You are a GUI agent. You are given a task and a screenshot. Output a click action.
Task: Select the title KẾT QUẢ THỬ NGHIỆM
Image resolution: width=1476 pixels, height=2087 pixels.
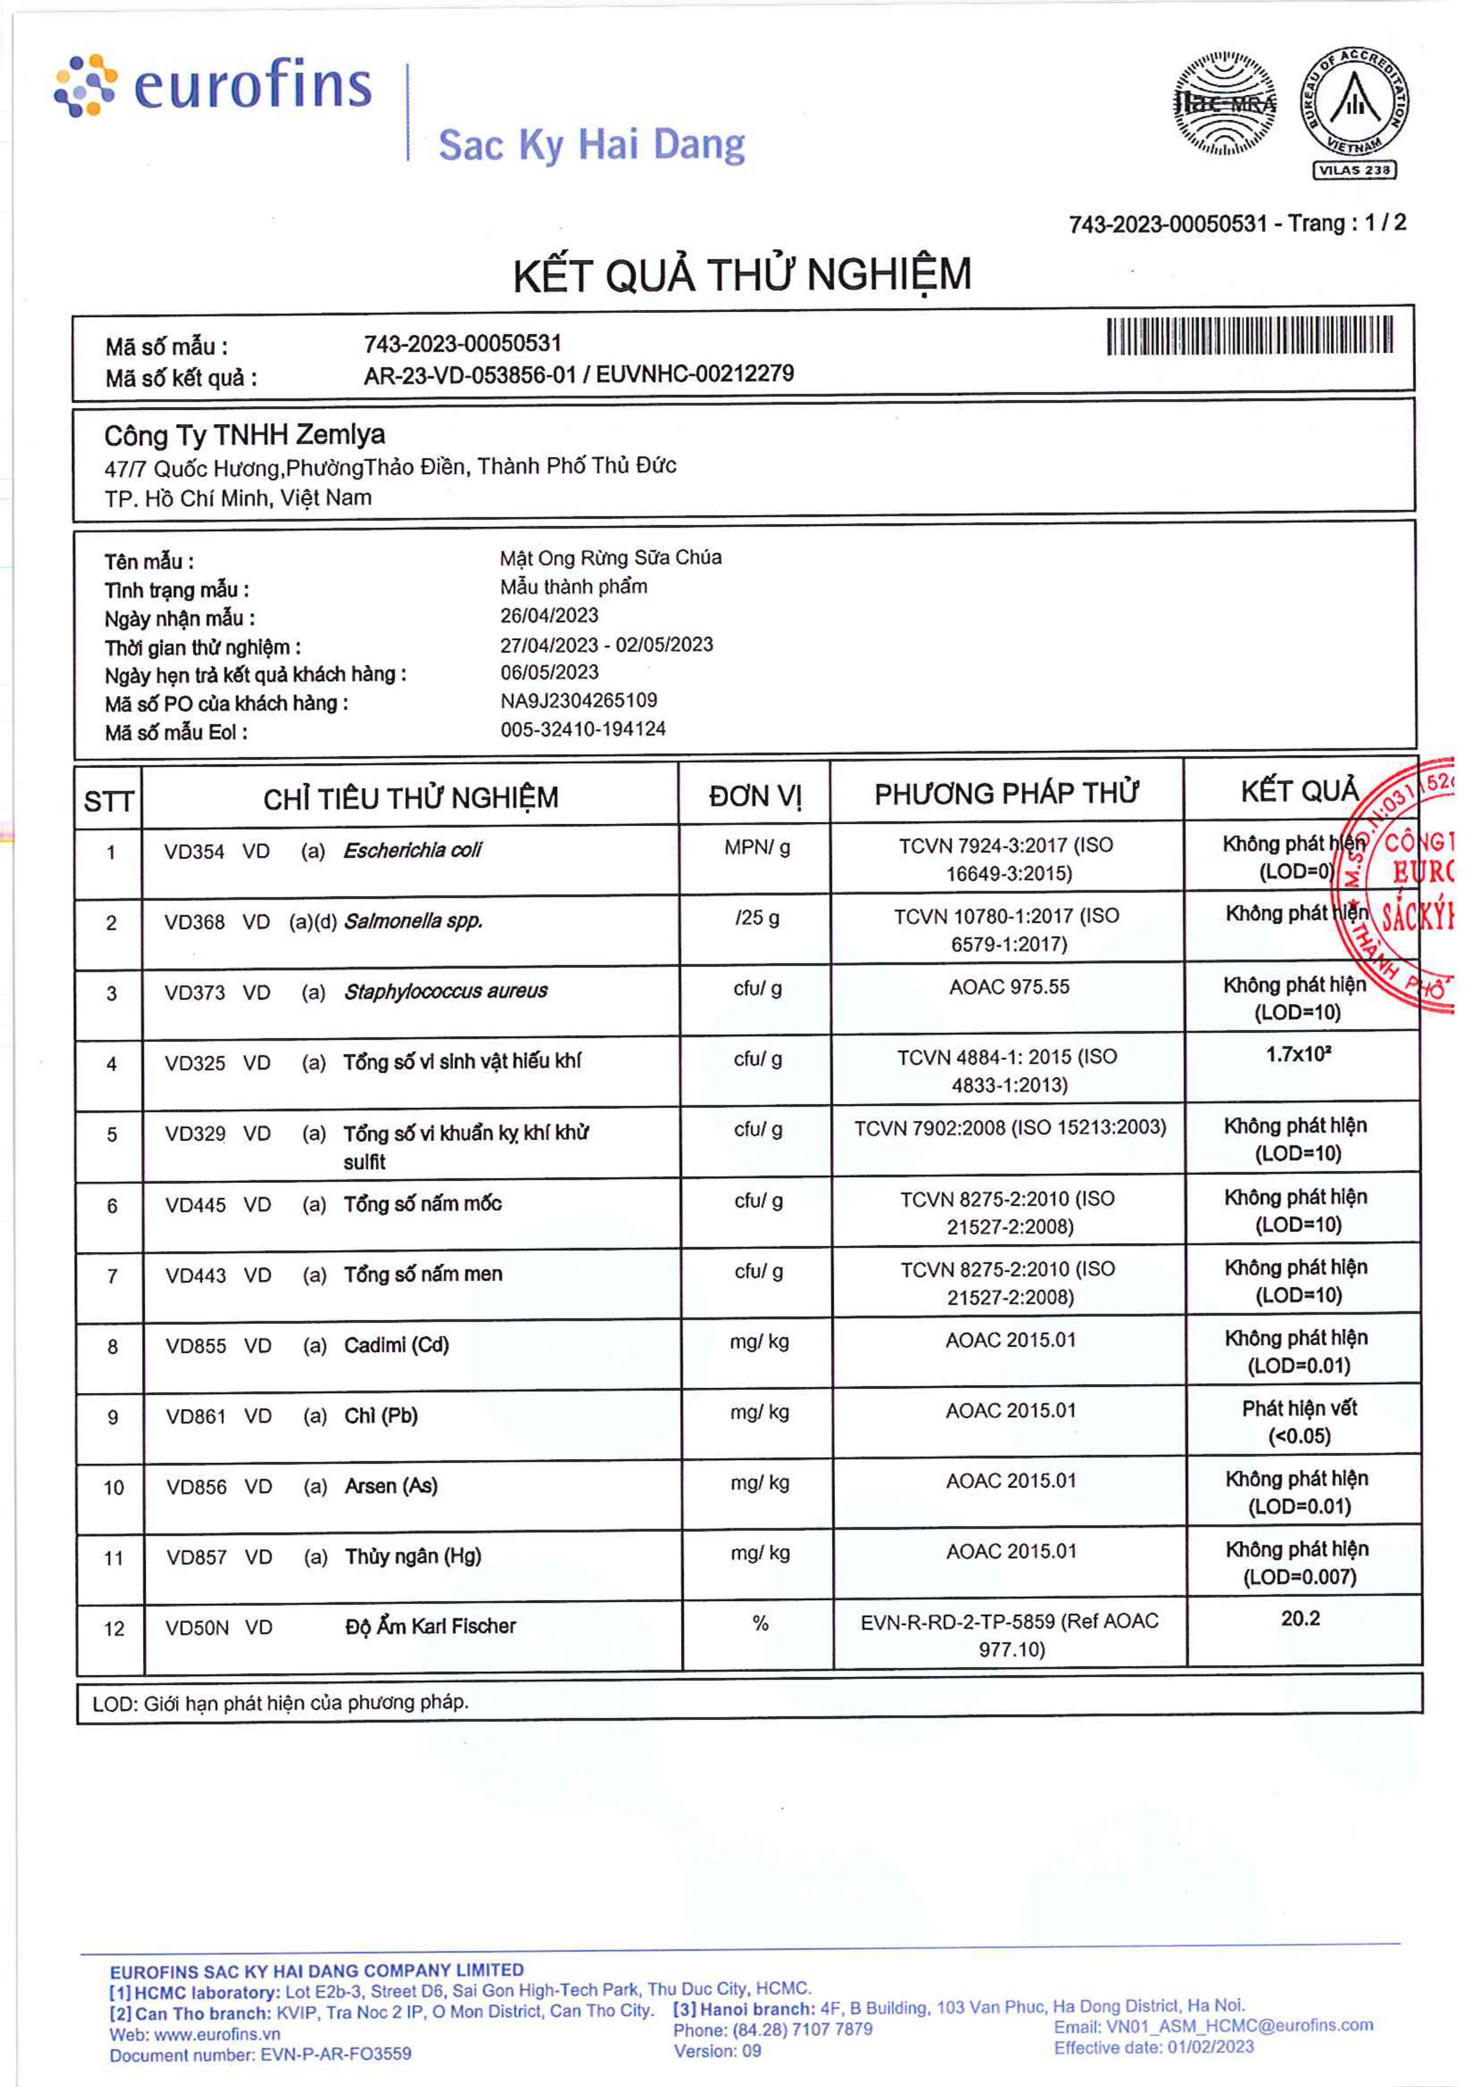(742, 275)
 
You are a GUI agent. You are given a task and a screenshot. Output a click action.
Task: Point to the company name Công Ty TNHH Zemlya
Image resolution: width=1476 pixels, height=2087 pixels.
(244, 435)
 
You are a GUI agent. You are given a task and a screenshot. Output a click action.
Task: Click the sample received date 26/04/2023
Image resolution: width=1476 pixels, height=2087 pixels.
(549, 616)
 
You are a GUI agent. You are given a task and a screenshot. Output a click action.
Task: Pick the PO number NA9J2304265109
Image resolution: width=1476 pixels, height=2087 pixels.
(579, 700)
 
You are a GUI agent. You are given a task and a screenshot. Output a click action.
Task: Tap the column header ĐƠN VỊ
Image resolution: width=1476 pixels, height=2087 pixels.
(755, 796)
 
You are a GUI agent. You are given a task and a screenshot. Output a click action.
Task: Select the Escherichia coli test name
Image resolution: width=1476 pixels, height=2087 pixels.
(413, 851)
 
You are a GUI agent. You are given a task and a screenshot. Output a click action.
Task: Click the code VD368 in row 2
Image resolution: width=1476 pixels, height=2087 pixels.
(194, 922)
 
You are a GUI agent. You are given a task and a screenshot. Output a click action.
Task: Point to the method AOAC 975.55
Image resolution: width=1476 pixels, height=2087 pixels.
(1009, 987)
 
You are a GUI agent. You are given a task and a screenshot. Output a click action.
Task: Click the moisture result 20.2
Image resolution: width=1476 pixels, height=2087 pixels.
(1300, 1618)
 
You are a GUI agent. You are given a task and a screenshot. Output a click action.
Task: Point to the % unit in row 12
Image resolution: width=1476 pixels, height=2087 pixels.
(760, 1624)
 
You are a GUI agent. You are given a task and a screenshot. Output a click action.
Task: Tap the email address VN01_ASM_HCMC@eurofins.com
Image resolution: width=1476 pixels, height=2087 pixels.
(1239, 2025)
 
